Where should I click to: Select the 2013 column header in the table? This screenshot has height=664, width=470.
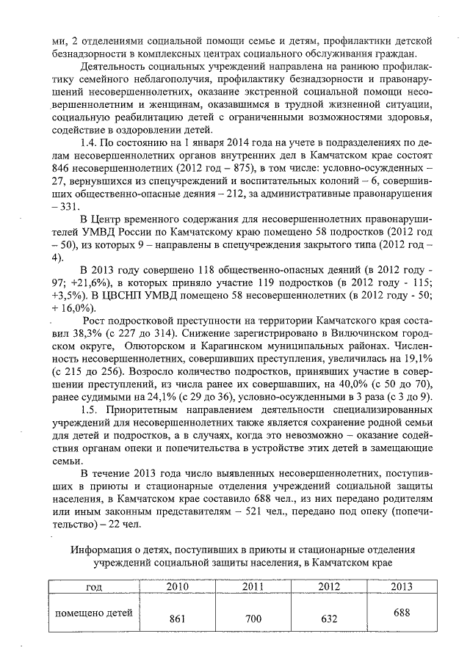click(402, 587)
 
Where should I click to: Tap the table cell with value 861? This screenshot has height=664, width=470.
click(177, 619)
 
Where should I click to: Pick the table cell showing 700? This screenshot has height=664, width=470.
click(253, 619)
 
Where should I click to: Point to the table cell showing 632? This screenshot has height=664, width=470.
click(329, 619)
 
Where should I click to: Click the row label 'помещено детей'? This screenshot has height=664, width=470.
click(94, 611)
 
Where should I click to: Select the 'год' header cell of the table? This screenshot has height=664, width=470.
click(94, 587)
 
